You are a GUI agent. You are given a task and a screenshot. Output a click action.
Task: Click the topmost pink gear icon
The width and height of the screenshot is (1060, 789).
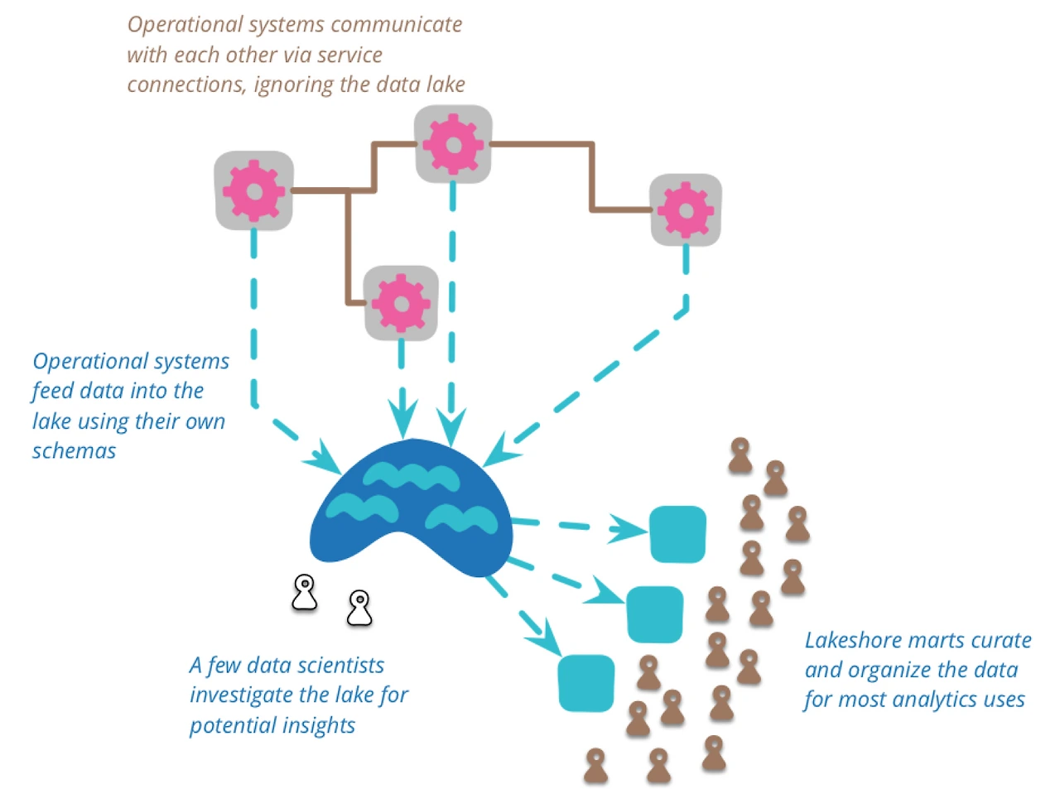tap(453, 144)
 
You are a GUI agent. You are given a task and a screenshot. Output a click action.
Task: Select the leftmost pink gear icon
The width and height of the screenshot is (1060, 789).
tap(254, 190)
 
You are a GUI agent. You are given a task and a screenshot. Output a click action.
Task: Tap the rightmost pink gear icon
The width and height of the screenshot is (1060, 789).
tap(686, 210)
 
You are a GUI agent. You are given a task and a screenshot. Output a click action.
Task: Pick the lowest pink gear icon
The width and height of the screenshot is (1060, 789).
tap(402, 303)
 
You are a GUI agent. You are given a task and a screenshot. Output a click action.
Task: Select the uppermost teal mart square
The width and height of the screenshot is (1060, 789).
tap(677, 534)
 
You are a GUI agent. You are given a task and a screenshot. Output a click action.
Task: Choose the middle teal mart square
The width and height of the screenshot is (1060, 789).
tap(655, 614)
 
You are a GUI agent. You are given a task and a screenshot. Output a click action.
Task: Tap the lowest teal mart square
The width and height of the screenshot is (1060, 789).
tap(586, 683)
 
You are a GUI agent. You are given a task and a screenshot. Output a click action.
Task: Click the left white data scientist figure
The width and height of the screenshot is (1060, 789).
tap(305, 593)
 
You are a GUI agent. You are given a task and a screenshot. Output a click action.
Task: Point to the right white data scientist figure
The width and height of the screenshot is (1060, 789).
tap(359, 608)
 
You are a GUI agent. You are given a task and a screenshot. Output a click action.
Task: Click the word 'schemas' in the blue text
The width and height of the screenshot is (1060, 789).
tap(74, 451)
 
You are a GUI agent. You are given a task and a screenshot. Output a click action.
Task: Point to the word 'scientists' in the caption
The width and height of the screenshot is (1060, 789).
tap(340, 666)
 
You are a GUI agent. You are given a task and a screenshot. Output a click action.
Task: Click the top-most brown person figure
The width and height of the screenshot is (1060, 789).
tap(740, 455)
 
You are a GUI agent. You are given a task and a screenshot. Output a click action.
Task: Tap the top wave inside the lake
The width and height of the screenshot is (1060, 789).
tap(411, 476)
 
